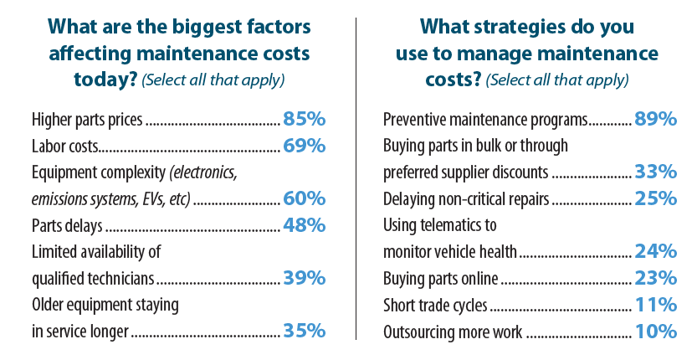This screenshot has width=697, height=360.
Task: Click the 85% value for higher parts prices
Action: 304,119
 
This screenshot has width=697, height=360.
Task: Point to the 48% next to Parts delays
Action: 304,225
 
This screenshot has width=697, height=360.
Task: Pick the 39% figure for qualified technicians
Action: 304,278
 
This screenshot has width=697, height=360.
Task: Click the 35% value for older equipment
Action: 304,331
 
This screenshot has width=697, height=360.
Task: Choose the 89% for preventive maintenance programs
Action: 655,119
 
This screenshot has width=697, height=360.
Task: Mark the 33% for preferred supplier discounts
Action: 655,172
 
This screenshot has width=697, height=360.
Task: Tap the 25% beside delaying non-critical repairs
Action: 655,198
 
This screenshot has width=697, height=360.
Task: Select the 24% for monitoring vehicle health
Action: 655,251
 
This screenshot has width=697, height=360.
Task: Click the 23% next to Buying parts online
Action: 655,278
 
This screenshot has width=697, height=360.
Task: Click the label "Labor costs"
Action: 65,147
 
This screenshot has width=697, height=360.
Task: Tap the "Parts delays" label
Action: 67,226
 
